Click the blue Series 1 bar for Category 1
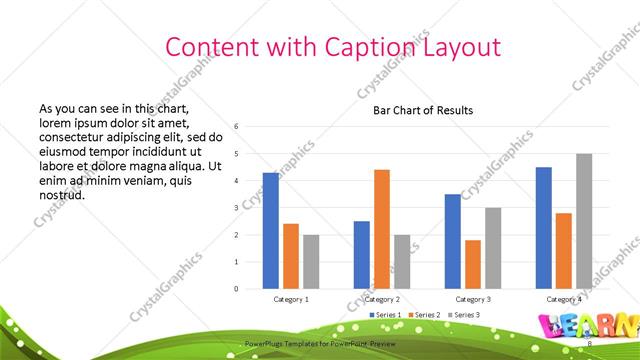pos(271,231)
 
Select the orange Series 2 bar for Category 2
pos(382,229)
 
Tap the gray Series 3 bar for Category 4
pos(584,221)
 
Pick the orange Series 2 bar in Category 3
pos(473,264)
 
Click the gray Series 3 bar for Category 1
pos(311,262)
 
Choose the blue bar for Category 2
pos(362,255)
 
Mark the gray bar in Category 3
pos(493,248)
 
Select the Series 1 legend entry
pos(382,315)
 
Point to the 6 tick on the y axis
pos(236,126)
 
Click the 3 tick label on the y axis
pos(236,207)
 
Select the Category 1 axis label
pos(291,299)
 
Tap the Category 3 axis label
pos(473,299)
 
